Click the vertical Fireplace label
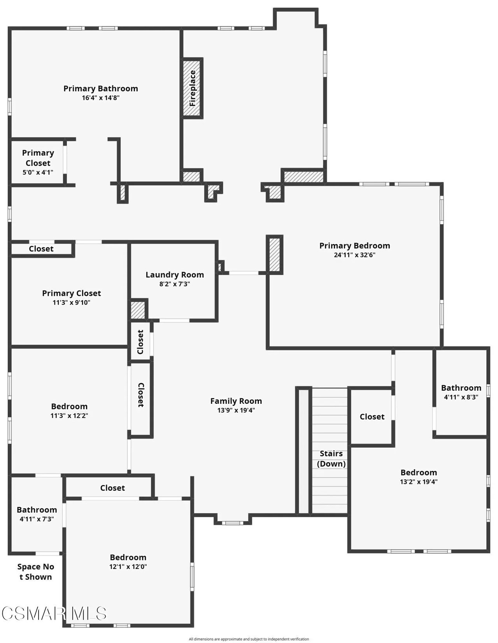pos(193,88)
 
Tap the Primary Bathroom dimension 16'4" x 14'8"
pos(101,98)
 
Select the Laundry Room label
pos(175,275)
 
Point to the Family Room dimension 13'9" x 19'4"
pos(236,410)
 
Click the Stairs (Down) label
pos(331,458)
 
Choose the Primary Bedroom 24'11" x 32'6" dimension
pos(354,255)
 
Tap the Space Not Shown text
pos(35,572)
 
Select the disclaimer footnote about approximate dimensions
pos(249,639)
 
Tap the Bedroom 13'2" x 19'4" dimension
pos(419,482)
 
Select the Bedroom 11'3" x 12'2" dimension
pos(69,415)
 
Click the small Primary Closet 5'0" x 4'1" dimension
pos(38,172)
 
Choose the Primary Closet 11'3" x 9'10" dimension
pos(71,302)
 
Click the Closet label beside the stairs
pos(372,417)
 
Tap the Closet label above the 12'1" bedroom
pos(112,488)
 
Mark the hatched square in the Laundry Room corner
pos(138,310)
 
